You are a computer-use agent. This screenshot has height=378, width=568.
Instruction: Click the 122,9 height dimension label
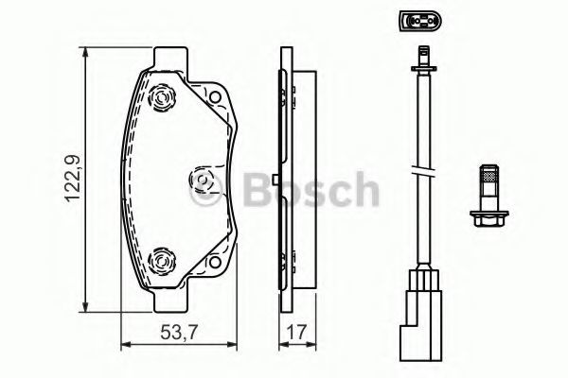(73, 178)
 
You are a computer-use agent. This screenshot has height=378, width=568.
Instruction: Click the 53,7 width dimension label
(179, 332)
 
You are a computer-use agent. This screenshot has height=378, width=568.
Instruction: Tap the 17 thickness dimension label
(296, 332)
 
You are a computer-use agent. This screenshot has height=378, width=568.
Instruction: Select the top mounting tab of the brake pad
(171, 58)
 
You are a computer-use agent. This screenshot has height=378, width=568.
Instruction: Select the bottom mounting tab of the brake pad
(171, 301)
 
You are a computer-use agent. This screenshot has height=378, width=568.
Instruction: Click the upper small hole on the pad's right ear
(215, 97)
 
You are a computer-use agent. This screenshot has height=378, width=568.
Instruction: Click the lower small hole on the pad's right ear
(215, 262)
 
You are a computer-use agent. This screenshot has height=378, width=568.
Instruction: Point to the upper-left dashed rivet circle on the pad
(162, 97)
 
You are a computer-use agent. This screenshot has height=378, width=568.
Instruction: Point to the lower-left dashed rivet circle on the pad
(162, 261)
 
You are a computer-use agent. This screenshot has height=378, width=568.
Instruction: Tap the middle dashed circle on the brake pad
(204, 180)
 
